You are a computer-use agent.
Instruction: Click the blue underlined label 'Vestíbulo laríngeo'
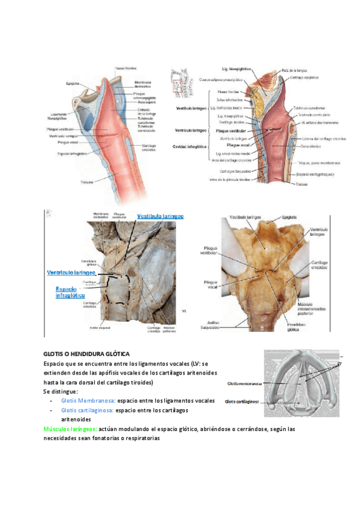160,216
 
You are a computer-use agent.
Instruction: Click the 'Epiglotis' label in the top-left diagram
73,84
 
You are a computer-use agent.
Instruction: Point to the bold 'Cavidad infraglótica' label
190,146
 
